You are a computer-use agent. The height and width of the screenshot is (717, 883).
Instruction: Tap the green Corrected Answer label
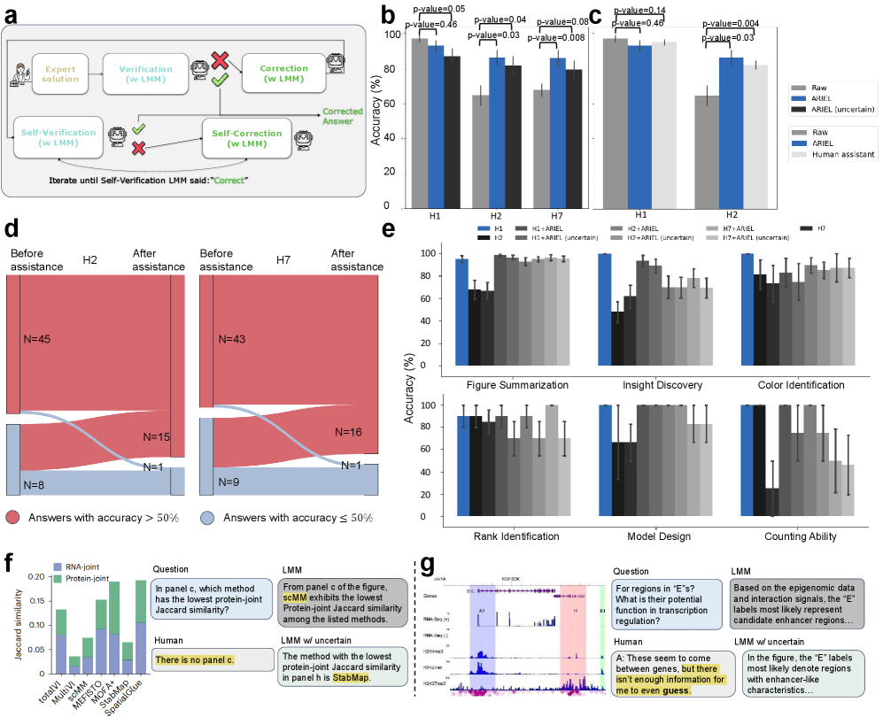342,117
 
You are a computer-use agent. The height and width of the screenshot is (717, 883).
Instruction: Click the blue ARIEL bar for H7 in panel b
558,131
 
